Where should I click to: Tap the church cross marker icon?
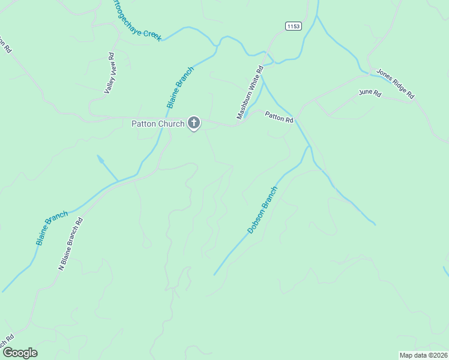(193, 123)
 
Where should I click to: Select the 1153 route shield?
(293, 26)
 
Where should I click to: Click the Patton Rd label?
(279, 118)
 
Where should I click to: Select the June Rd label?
(369, 93)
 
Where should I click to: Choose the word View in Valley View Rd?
(111, 65)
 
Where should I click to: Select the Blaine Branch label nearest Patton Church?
(180, 87)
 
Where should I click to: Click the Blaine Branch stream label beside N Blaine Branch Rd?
(52, 227)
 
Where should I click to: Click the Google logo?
(20, 353)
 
